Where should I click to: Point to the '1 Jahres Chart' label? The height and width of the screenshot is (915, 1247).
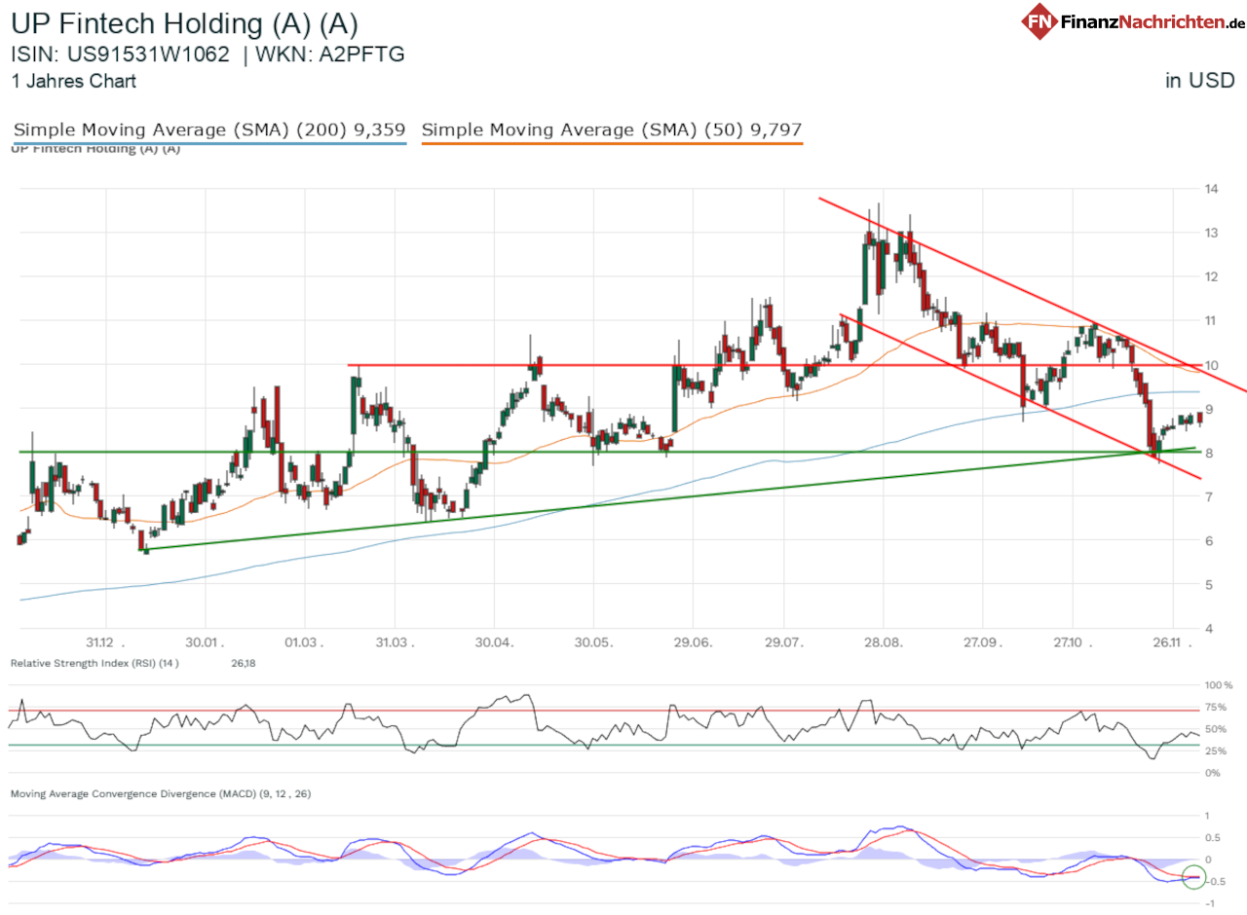click(x=73, y=82)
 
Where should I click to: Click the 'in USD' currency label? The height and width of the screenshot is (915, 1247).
click(x=1199, y=81)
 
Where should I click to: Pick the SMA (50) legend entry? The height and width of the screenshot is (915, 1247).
click(x=612, y=129)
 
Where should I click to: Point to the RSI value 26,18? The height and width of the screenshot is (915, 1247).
click(x=242, y=663)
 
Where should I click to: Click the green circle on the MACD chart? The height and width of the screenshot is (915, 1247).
click(x=1193, y=877)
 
